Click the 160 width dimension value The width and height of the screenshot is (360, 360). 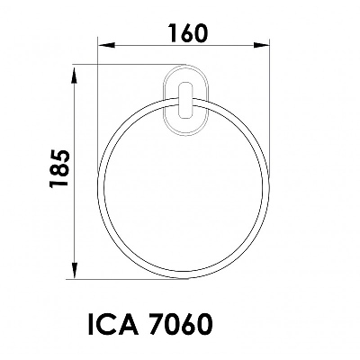(x=188, y=32)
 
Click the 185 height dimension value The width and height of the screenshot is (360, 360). (x=59, y=169)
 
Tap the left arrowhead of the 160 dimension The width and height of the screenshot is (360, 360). (x=106, y=45)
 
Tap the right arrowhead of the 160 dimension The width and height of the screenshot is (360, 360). (x=261, y=45)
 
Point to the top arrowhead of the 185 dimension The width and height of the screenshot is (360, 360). (x=74, y=76)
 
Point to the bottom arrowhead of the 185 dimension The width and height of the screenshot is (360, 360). (x=74, y=271)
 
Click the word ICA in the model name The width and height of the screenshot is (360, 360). (x=113, y=324)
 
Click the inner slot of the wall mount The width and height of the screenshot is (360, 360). (x=185, y=100)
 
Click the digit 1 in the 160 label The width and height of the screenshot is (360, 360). (x=174, y=32)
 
